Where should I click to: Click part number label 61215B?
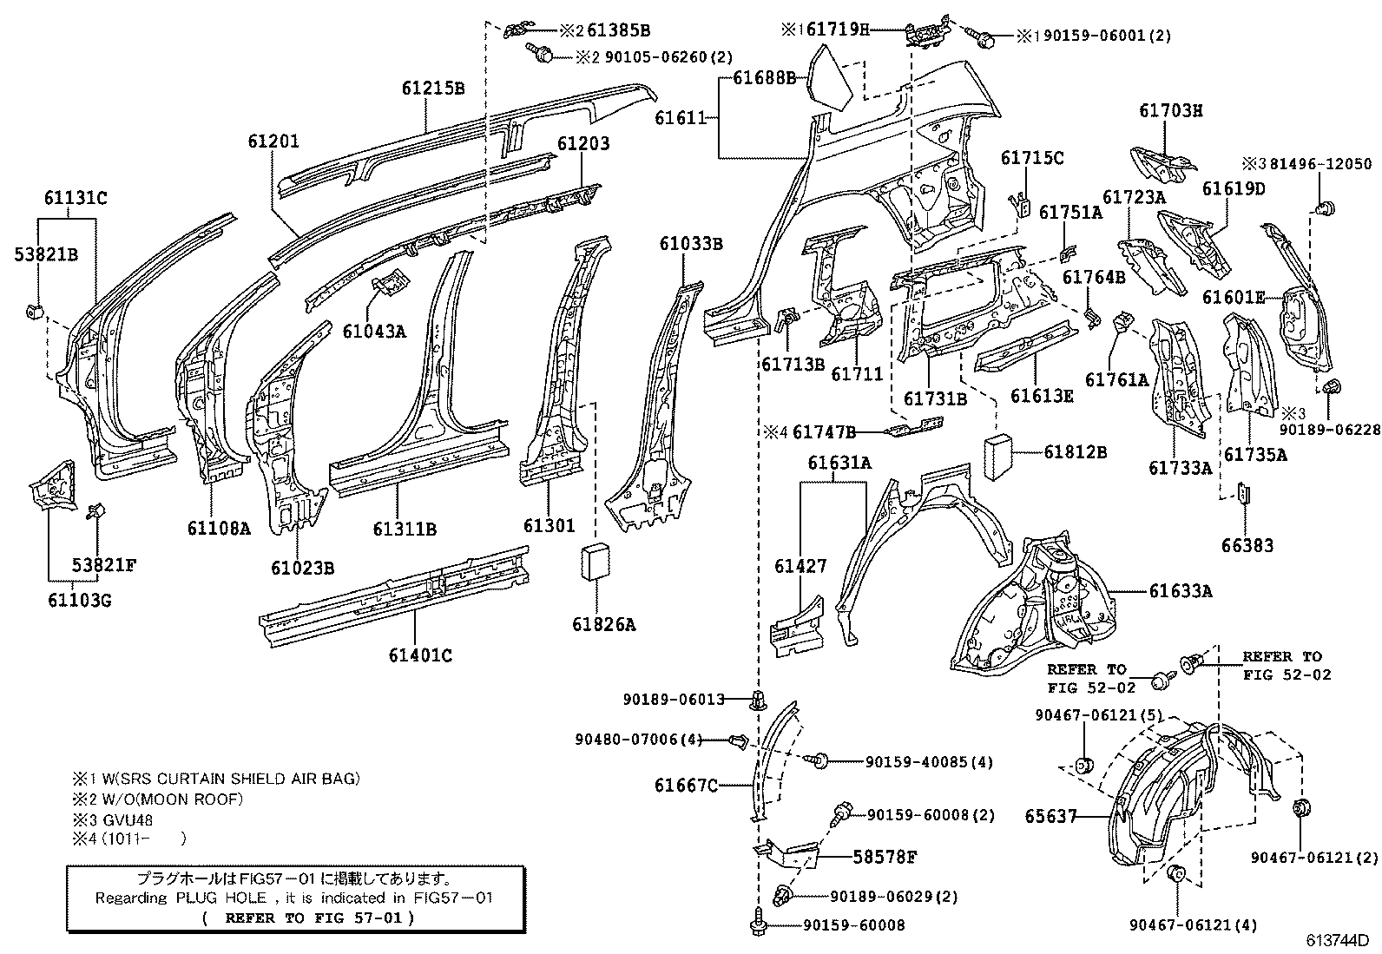coord(432,89)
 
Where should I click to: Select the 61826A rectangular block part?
coord(595,562)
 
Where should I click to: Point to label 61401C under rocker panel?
coord(420,655)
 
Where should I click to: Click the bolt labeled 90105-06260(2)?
coord(541,56)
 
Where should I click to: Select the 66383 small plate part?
coord(1242,494)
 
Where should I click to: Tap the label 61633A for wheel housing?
coord(1181,591)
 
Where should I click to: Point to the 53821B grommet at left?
coord(36,312)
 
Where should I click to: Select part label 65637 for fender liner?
coord(1050,816)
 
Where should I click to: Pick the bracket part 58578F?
coord(788,855)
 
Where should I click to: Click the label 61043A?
coord(373,331)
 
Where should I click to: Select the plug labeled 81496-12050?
coord(1325,208)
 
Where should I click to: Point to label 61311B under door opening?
coord(405,529)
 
